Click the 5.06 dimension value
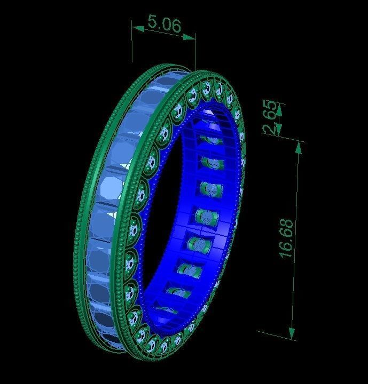[164, 23]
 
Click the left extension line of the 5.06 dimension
[132, 45]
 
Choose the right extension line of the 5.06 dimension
[195, 53]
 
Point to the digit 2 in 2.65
[271, 129]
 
